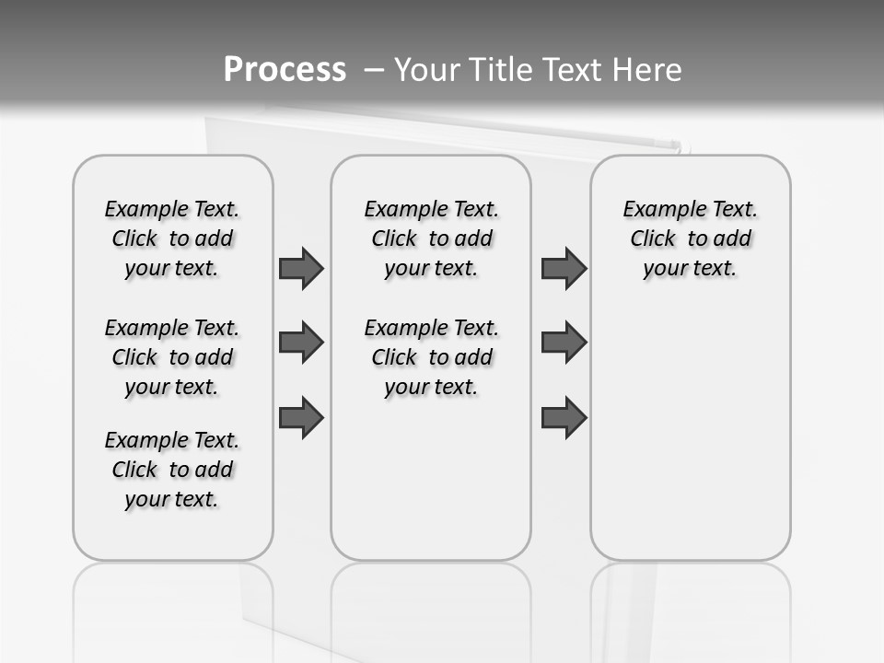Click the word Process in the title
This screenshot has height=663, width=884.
[x=285, y=69]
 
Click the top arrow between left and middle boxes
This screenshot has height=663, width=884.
[x=301, y=269]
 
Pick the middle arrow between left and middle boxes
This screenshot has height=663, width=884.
[x=301, y=343]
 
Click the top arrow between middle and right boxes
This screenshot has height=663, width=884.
[x=564, y=269]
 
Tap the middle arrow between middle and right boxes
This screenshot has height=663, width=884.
[x=564, y=343]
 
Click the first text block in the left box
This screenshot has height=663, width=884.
[x=172, y=238]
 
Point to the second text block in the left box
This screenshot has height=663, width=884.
[x=172, y=357]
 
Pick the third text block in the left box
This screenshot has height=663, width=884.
[x=172, y=470]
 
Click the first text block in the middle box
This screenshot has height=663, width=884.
[x=431, y=238]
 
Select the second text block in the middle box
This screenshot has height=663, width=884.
[x=431, y=357]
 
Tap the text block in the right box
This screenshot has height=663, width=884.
[x=691, y=238]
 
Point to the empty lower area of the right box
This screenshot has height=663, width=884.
[x=691, y=442]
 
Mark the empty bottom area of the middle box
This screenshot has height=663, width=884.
[x=431, y=488]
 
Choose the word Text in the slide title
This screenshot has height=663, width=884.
[x=572, y=69]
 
